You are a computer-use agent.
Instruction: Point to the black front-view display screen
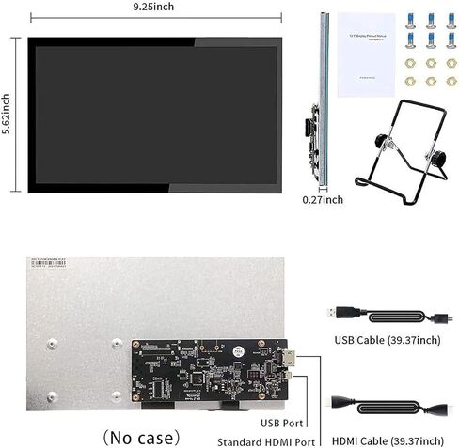coord(154,112)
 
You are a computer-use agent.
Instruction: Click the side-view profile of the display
coord(323,99)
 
